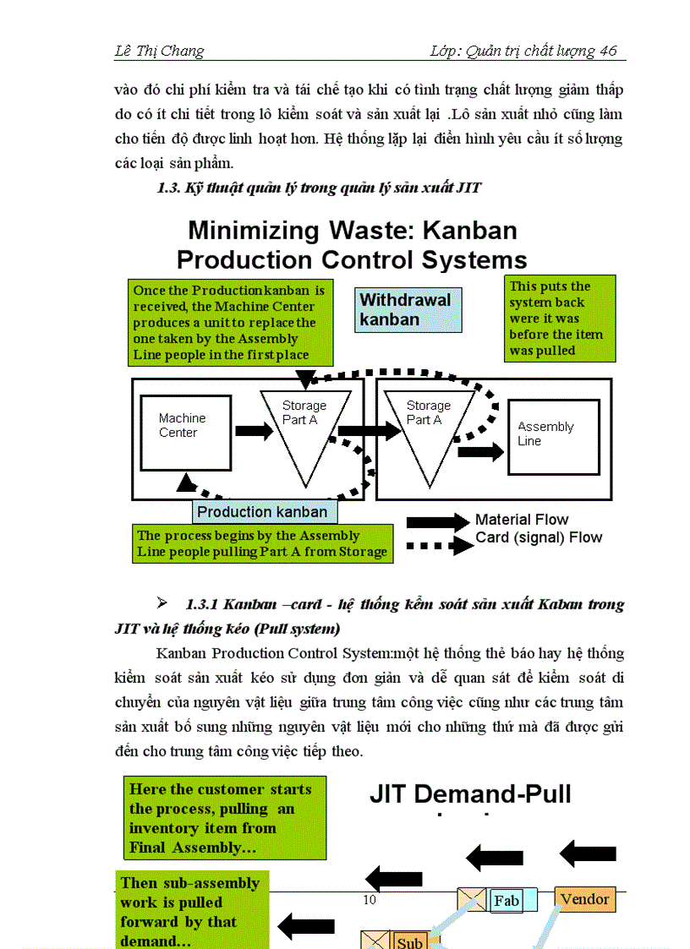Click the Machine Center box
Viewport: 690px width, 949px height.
point(182,427)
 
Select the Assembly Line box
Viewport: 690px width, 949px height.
point(554,436)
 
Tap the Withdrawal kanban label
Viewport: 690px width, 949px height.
point(405,309)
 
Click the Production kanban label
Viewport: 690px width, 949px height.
point(262,511)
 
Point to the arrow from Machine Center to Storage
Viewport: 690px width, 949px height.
point(254,431)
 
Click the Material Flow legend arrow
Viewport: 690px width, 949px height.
point(437,521)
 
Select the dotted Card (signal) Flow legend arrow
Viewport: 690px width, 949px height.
point(437,546)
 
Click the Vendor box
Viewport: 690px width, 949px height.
point(585,899)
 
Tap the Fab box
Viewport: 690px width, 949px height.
point(507,901)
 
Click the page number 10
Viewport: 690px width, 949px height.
point(370,899)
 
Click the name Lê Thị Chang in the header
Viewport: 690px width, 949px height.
point(159,51)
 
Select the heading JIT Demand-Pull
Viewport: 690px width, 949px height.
point(470,794)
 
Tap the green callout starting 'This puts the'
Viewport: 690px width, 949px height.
point(560,319)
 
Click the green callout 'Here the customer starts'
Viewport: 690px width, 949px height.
point(224,818)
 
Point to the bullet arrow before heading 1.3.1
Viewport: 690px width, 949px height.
point(162,603)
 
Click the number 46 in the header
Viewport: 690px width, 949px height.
point(608,51)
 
